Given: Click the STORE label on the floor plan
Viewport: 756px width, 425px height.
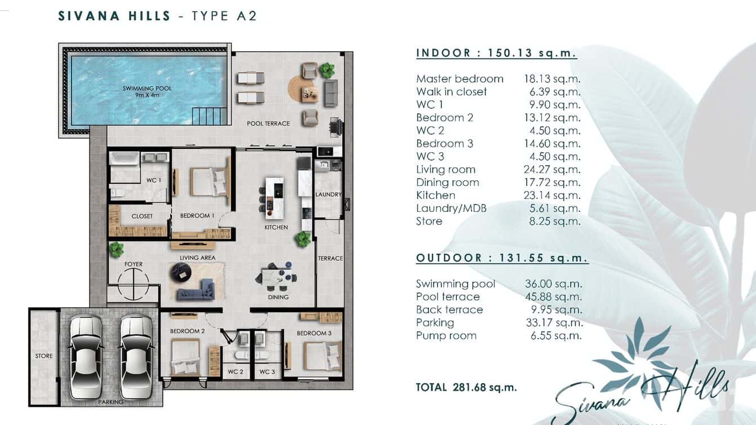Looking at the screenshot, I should pos(44,356).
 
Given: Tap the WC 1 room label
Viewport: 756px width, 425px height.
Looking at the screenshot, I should pos(152,180).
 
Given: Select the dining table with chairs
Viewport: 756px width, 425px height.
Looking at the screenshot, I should pos(278,277).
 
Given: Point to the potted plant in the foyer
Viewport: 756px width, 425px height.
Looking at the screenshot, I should pos(117,249).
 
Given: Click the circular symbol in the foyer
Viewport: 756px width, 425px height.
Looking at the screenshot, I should pos(134,284).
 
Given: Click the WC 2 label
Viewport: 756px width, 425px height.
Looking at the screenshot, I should pos(235,372).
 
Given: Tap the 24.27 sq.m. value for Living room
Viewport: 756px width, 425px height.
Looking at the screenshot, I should pos(552,170).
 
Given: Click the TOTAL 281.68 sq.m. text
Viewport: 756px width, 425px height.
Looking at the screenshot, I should pos(466,387).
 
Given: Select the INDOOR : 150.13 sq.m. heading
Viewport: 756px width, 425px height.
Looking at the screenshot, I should pos(496,53).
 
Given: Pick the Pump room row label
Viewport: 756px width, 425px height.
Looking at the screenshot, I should pos(446,336).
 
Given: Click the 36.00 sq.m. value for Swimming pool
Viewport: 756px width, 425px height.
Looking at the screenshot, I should pos(554,284).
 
